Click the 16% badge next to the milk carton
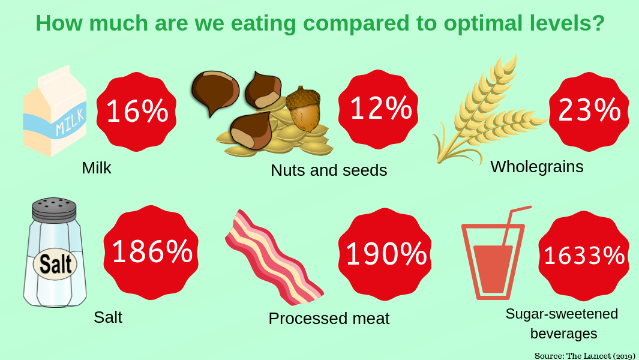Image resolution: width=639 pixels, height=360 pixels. pos(137,112)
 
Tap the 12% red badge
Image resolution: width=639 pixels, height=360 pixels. pos(379,109)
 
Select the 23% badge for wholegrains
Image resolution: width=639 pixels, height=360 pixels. pos(589,112)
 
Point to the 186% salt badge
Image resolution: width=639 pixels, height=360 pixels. pos(151,253)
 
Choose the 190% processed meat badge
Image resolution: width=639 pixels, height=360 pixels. pos(385,254)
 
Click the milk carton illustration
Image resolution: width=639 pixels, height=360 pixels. pos(55,110)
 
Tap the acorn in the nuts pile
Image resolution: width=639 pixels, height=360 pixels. pos(303,109)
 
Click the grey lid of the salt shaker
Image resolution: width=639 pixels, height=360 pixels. pos(54,209)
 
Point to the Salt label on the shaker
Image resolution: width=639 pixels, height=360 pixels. pos(55,264)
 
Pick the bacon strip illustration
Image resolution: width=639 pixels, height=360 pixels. pos(273,257)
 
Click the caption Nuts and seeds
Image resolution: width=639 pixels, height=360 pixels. pos(329,170)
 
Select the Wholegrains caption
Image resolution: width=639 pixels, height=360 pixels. pos(537,167)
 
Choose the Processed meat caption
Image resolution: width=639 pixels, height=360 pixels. pos(329,319)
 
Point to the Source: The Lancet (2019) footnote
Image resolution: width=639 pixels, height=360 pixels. pos(585,356)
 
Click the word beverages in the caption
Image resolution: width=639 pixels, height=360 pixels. pos(563,334)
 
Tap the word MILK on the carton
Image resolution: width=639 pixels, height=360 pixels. pos(71,122)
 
